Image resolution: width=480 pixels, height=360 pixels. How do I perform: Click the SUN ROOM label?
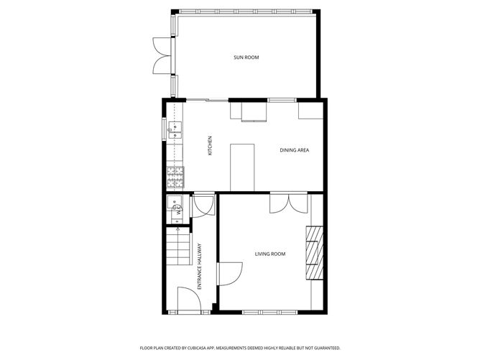point(246,57)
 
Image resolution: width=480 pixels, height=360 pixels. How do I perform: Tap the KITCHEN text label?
point(210,147)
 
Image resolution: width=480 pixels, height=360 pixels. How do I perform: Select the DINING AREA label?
point(294,149)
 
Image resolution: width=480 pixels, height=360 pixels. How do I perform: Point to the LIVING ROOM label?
point(270,254)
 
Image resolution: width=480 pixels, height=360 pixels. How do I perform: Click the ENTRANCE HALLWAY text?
point(200,266)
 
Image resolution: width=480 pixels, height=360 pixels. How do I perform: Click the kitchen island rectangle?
point(243,166)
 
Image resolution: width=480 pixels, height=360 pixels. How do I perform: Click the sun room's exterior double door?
point(158,55)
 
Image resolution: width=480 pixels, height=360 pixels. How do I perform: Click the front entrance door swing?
point(188,299)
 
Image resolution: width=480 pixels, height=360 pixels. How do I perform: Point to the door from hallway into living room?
point(231,274)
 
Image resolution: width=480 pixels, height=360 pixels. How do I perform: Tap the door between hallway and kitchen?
point(204,205)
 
